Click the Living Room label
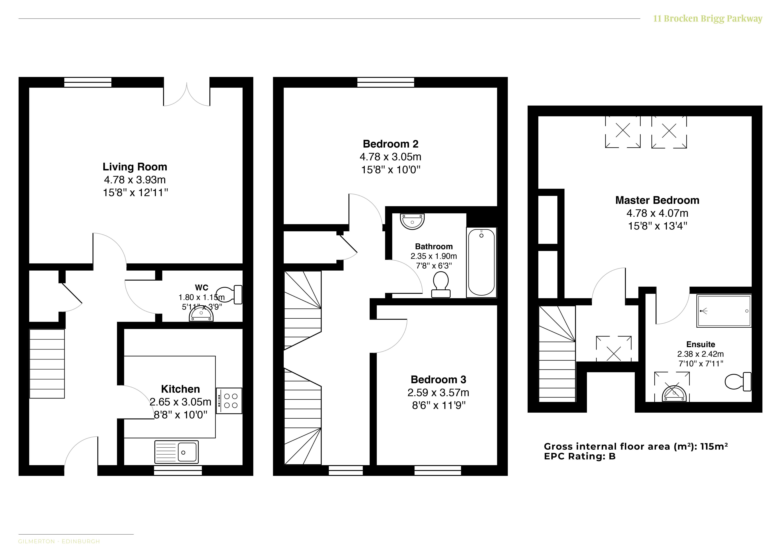pos(135,167)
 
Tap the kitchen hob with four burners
pos(229,401)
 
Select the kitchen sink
pos(176,452)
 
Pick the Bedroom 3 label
pos(438,380)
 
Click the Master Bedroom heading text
pos(657,200)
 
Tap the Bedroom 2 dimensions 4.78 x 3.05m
pos(390,157)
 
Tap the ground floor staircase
pos(47,363)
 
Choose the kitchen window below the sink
pos(178,470)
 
